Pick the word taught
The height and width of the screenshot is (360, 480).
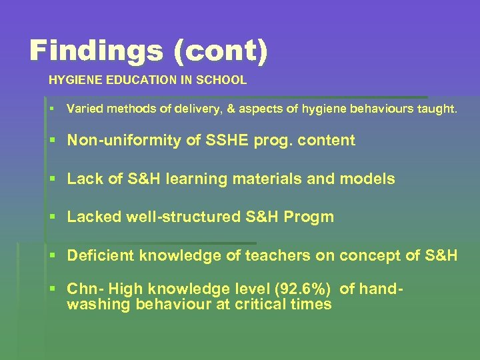coord(437,109)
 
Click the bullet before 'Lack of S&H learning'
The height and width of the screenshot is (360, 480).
coord(53,179)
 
